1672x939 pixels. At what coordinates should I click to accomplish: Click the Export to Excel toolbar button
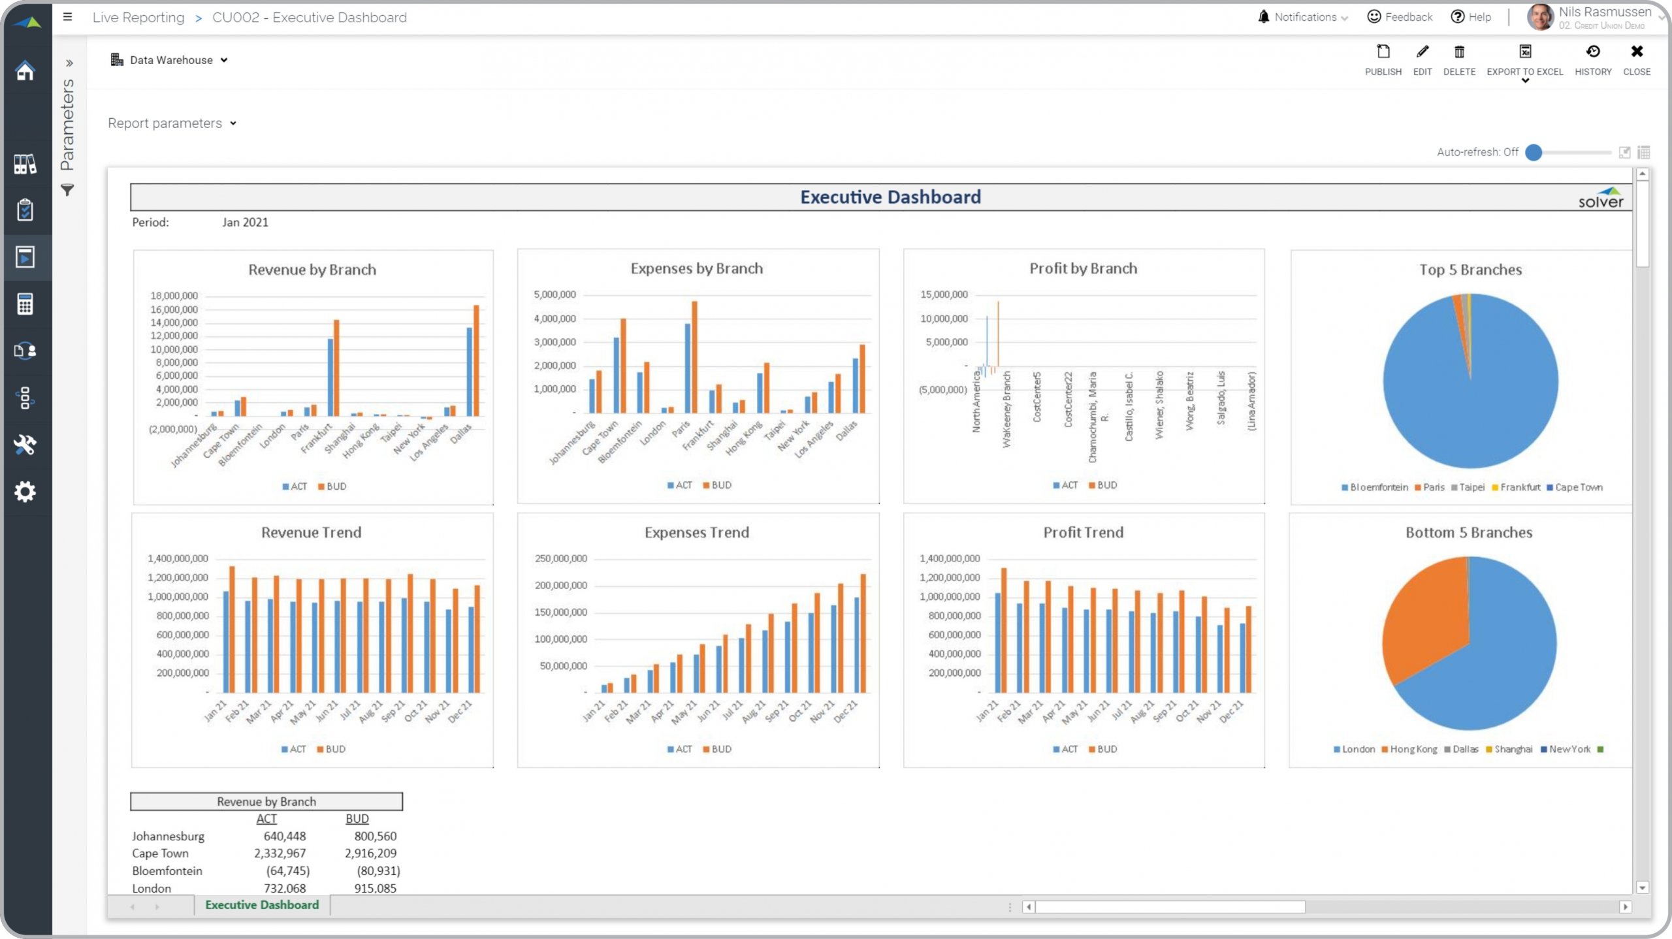tap(1524, 59)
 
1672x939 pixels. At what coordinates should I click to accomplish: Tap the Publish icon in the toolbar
tap(1383, 59)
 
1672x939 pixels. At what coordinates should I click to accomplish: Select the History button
tap(1592, 59)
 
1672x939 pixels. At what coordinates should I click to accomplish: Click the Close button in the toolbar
tap(1636, 59)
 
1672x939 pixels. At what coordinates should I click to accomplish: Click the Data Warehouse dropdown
tap(170, 60)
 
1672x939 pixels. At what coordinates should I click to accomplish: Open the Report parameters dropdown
tap(172, 123)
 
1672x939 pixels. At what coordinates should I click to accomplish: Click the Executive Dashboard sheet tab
tap(262, 905)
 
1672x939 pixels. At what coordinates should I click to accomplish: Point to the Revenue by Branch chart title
tap(312, 270)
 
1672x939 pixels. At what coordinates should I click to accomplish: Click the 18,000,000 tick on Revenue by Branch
tap(174, 296)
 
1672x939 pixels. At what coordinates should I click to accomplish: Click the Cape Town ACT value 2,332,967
tap(280, 853)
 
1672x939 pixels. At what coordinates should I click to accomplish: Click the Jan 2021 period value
tap(245, 223)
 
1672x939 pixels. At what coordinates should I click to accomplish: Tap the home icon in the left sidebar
tap(25, 71)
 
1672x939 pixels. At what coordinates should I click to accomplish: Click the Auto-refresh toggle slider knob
tap(1534, 153)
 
